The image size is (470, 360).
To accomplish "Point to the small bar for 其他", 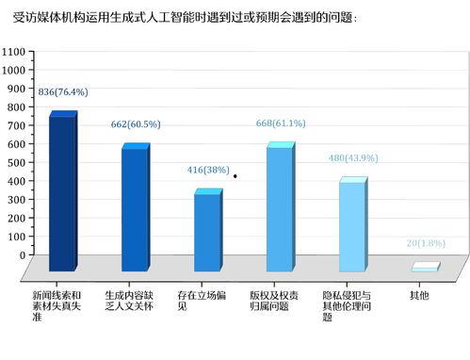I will click(424, 268).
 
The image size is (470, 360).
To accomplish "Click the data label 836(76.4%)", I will click(63, 91).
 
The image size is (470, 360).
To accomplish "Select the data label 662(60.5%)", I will click(136, 123).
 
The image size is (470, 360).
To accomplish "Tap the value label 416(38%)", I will click(208, 170).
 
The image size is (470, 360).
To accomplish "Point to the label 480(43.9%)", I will click(352, 158).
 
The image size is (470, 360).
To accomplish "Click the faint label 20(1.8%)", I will click(425, 243).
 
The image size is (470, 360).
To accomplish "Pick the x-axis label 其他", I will click(419, 295).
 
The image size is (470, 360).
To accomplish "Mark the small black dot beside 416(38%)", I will click(235, 176).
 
